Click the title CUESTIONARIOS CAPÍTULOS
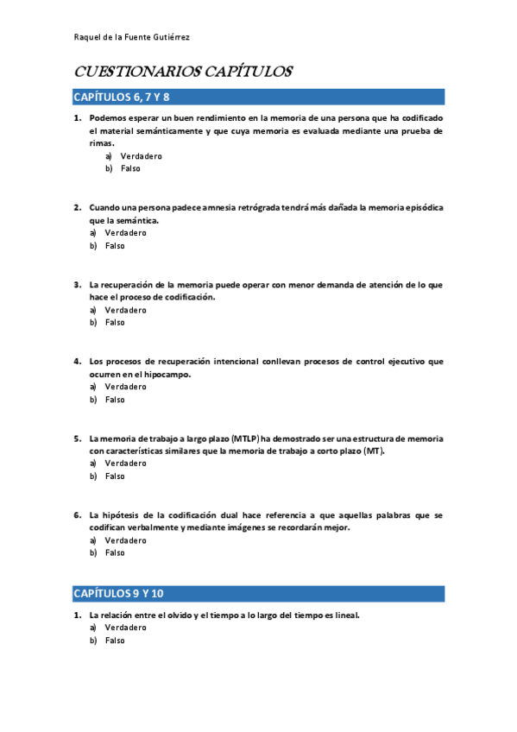[x=183, y=72]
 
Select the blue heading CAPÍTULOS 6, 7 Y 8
[x=122, y=97]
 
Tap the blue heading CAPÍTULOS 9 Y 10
[x=118, y=593]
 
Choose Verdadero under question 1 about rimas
[x=141, y=156]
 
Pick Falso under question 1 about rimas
[x=130, y=168]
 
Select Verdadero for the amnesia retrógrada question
[x=125, y=233]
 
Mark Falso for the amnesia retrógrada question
[x=115, y=246]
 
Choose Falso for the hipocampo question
[x=115, y=400]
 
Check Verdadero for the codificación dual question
[x=125, y=540]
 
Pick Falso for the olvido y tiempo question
[x=115, y=641]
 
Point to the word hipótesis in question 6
[x=124, y=515]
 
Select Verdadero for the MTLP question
[x=125, y=464]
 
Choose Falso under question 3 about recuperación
[x=115, y=323]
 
